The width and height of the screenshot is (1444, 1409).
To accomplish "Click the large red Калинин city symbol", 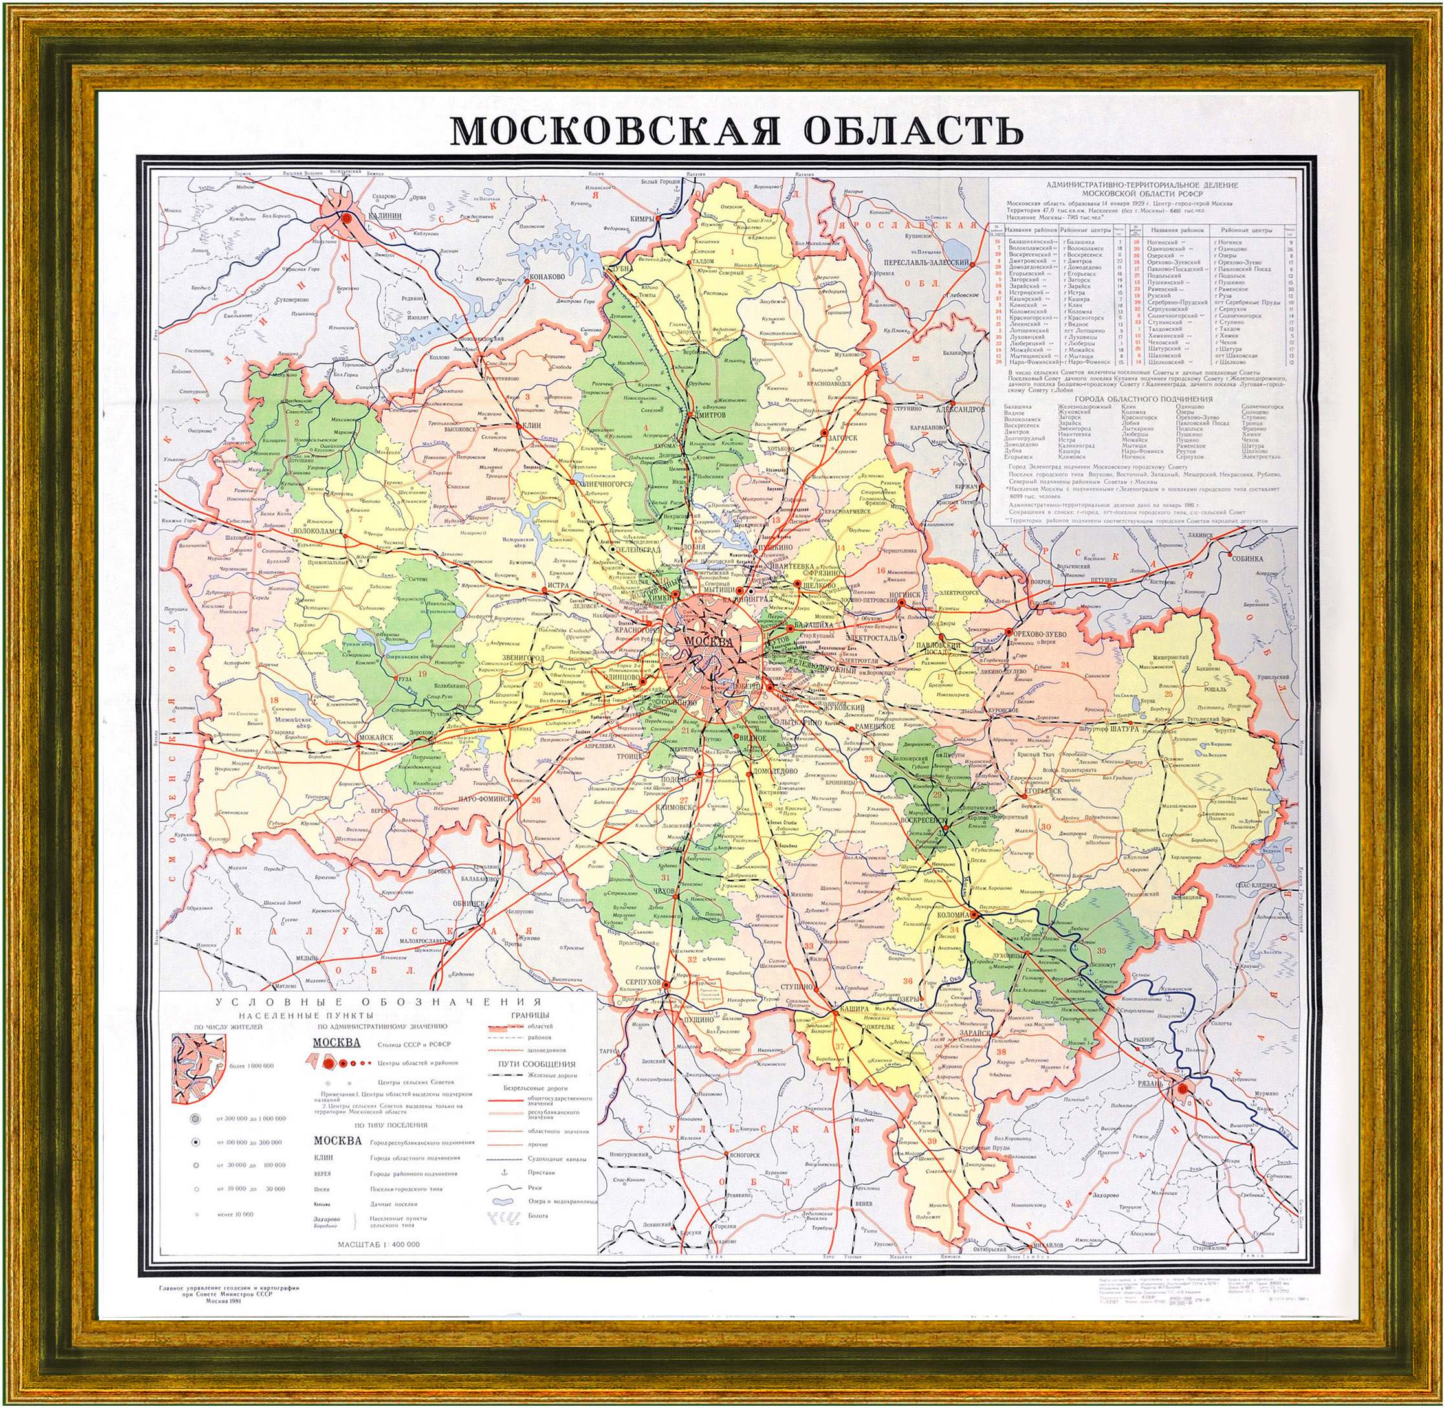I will coord(346,217).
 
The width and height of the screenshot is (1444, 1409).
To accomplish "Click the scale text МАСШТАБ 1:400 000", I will coord(379,1245).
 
